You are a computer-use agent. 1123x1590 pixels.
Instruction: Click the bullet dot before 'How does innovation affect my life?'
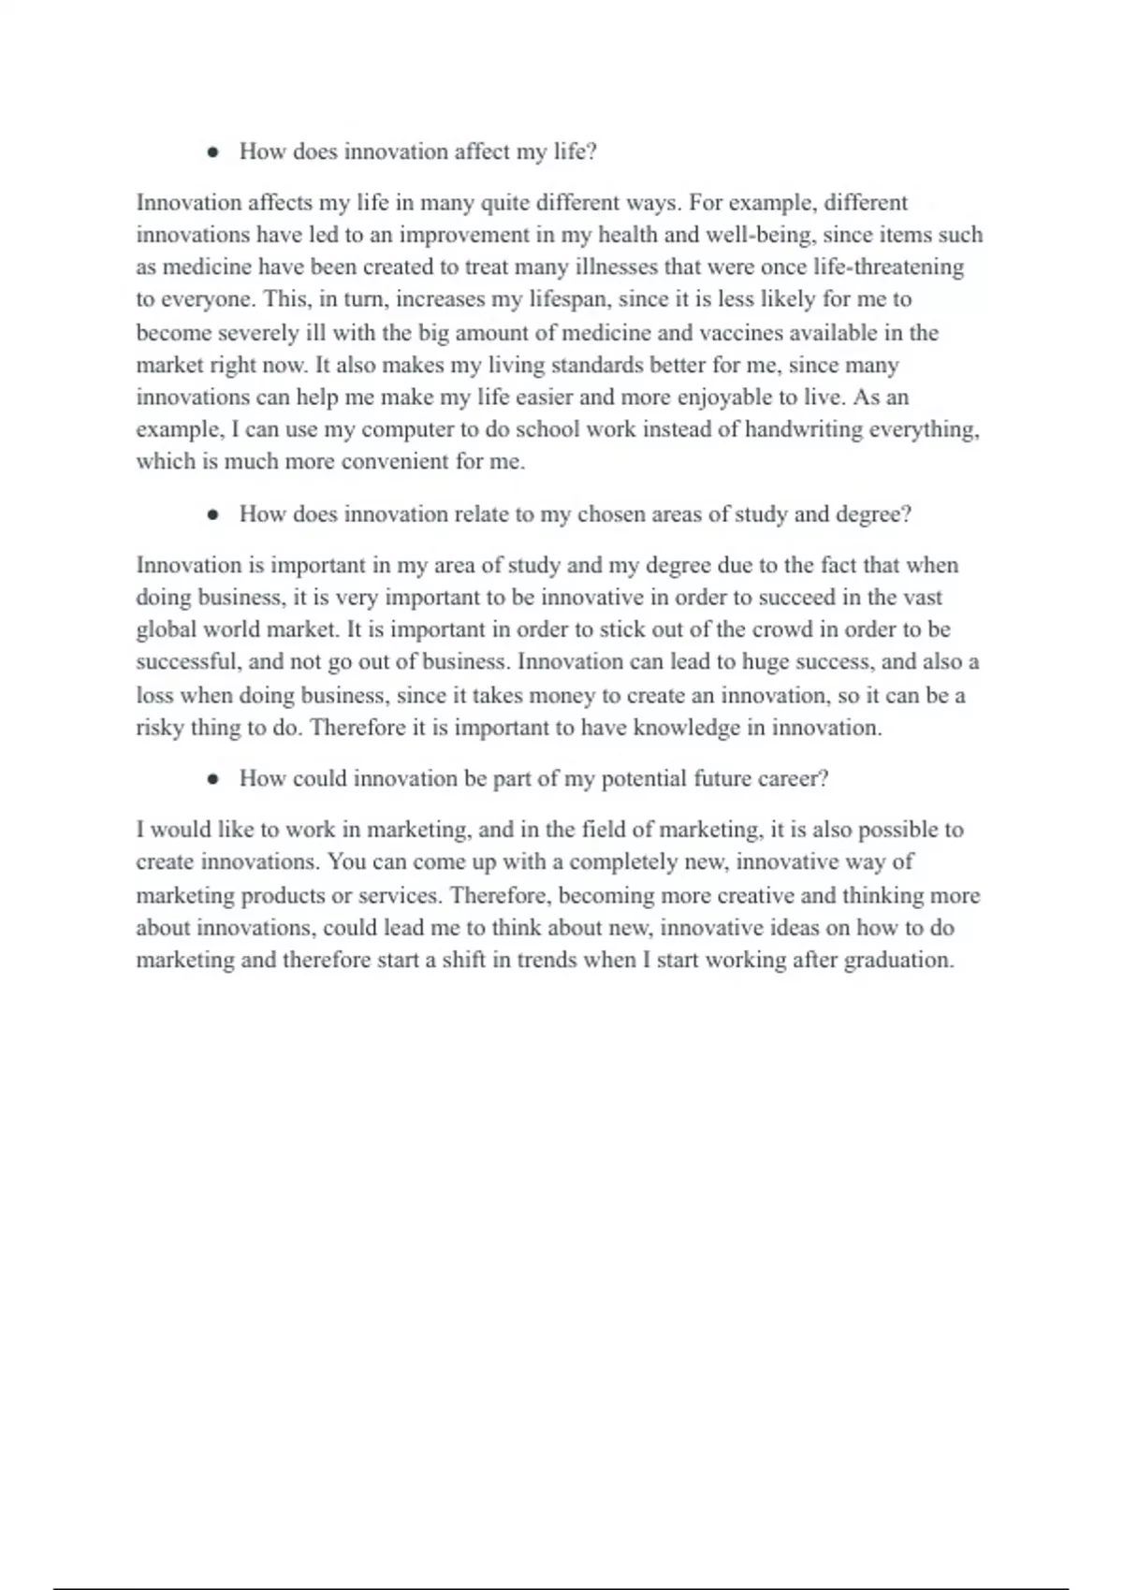coord(213,152)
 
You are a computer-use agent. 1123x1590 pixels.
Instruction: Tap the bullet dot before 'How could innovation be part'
coord(213,779)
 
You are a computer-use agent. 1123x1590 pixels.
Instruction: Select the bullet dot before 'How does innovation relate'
coord(213,514)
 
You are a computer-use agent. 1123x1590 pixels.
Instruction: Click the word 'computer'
coord(407,429)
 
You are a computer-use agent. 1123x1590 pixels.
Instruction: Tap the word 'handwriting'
coord(804,429)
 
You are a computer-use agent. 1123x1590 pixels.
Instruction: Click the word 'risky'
coord(160,728)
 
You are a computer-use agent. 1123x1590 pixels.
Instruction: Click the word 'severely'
coord(257,333)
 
